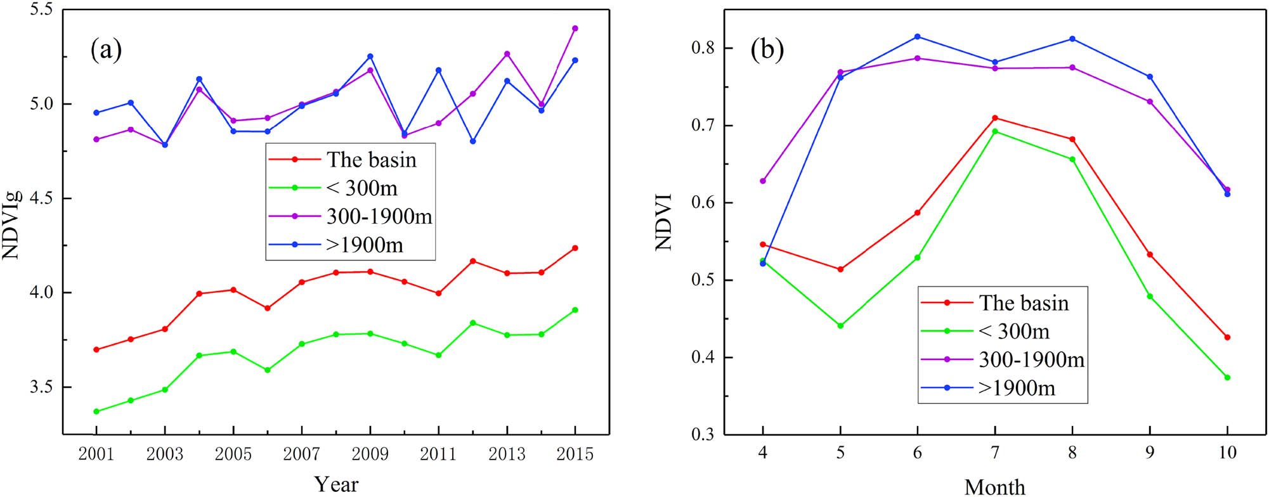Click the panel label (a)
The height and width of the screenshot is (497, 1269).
pos(106,50)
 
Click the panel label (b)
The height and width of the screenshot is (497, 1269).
pos(767,49)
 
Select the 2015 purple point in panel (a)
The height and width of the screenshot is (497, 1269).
pos(575,29)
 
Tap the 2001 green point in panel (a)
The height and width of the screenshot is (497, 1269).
pos(96,411)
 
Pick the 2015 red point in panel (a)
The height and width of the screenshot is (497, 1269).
pos(575,248)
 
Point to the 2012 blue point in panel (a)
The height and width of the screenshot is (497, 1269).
pos(472,141)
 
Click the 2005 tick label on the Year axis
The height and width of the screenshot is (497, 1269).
pos(233,454)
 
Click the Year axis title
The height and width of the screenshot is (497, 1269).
pos(336,484)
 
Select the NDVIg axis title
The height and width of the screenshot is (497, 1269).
pos(11,225)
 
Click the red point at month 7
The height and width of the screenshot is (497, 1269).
pos(995,118)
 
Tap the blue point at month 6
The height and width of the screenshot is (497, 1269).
pos(917,37)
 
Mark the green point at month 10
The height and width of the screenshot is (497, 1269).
pos(1227,377)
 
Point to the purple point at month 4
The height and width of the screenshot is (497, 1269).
pos(763,181)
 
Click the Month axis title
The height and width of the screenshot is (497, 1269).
pos(994,486)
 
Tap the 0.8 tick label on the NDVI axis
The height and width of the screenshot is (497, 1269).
pos(703,48)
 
